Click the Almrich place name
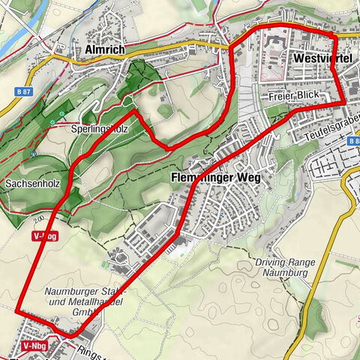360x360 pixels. click(105, 50)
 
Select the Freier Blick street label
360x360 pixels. click(292, 96)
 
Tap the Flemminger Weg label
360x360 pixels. click(215, 178)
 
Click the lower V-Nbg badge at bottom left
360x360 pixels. click(34, 346)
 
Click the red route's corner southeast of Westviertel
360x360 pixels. click(343, 102)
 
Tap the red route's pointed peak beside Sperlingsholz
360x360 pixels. click(135, 112)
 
